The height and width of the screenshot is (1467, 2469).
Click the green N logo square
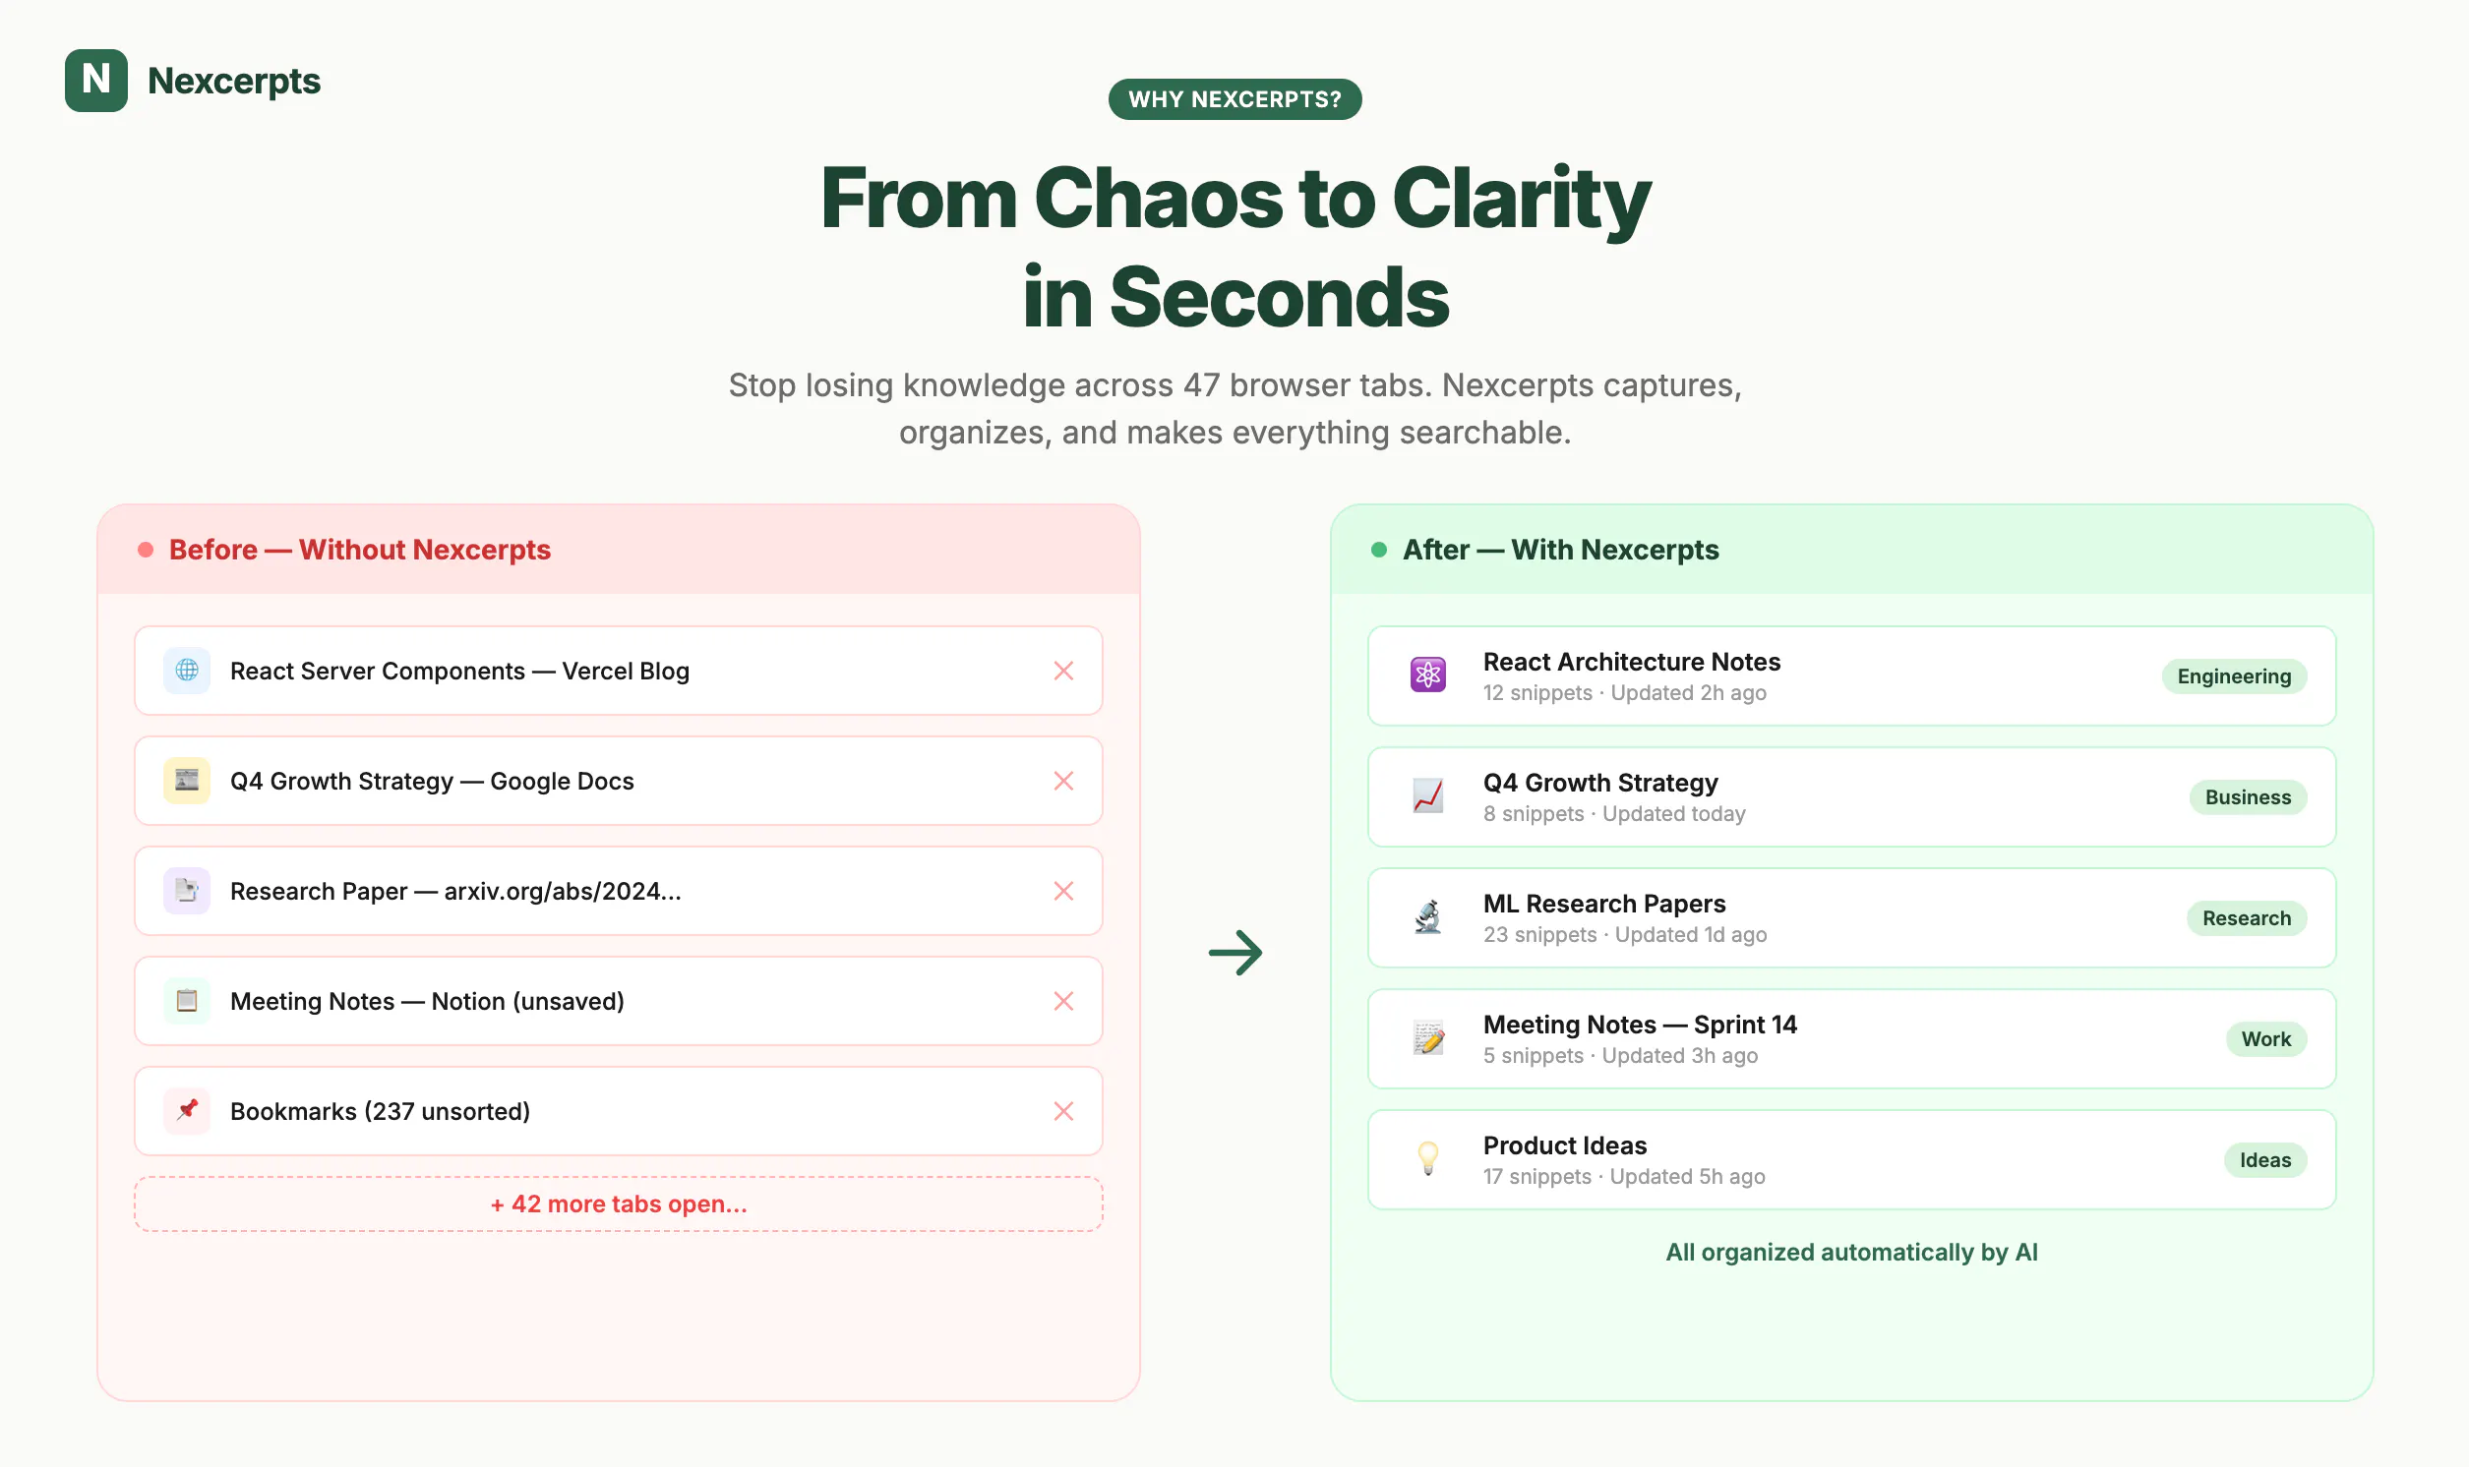[96, 80]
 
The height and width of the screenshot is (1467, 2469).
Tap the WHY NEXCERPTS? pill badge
[1235, 99]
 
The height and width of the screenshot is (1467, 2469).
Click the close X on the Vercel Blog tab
[1063, 671]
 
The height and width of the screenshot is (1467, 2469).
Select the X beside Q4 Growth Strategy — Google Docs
[1063, 781]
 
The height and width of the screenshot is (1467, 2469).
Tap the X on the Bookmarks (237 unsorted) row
[1063, 1111]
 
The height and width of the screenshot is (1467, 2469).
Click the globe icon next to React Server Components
[187, 671]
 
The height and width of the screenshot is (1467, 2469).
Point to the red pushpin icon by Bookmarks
[187, 1110]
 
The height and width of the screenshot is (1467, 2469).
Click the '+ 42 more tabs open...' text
[619, 1203]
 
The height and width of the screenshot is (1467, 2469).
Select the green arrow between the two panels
[1235, 953]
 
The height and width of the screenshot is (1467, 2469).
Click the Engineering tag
[2233, 676]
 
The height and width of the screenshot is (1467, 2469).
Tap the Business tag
[2247, 796]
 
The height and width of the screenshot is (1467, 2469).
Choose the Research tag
[2246, 918]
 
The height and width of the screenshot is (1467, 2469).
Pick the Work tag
[2265, 1039]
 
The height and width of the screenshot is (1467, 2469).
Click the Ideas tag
[2264, 1159]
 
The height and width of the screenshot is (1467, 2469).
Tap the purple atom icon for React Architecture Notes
[1428, 675]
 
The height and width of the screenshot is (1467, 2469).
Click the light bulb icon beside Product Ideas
[1428, 1158]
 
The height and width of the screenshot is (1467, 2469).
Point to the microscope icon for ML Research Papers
[1428, 917]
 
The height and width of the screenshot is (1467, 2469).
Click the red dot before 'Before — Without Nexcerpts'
[146, 550]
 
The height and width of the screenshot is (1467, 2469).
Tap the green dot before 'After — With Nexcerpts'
[1378, 550]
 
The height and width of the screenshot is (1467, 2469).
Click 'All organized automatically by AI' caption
[1851, 1253]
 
